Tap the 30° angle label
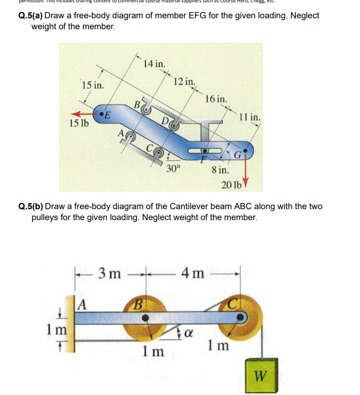[173, 168]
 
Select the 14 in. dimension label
[154, 64]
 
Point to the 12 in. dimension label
[185, 82]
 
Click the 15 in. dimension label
[92, 85]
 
